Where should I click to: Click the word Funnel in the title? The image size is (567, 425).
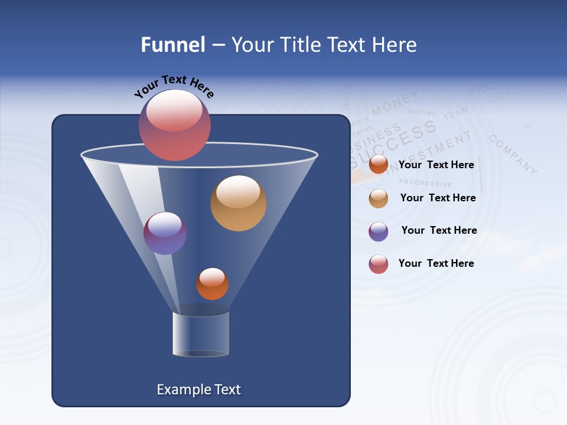172,45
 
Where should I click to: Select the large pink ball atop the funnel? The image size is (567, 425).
174,125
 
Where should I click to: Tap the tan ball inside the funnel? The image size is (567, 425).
238,203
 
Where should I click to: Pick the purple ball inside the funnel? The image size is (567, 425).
165,233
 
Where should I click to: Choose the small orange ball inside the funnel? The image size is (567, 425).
212,284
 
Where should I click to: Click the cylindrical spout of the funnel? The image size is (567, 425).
200,334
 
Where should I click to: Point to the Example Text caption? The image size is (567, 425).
199,390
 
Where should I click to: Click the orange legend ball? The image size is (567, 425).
379,165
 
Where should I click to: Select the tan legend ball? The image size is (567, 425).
379,198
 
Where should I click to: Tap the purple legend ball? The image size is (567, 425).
379,231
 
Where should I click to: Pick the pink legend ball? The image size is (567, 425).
379,264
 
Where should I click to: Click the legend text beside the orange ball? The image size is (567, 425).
436,165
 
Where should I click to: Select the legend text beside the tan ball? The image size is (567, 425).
438,198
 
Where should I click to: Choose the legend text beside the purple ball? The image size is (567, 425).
439,230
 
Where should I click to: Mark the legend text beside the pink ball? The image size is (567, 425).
436,263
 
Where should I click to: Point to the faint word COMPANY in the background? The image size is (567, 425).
513,154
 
